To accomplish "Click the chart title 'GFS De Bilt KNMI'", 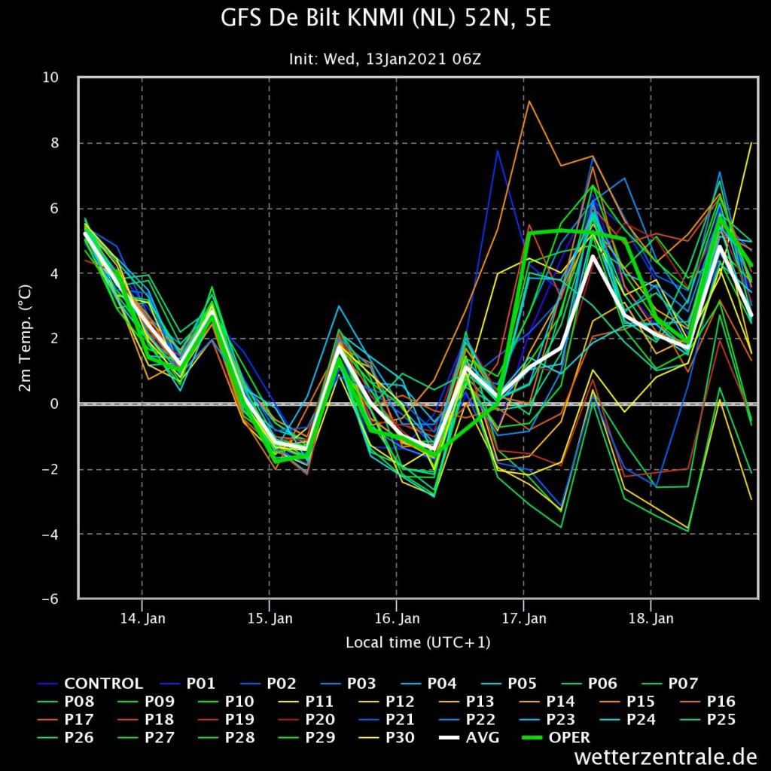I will click(385, 18).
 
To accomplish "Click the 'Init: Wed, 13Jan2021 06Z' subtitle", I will click(385, 59).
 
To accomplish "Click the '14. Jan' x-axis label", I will click(142, 619).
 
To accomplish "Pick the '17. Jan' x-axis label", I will click(524, 619).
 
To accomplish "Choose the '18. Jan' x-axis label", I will click(651, 619).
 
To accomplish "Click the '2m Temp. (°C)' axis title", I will click(25, 339).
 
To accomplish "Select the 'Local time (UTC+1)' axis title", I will click(418, 642).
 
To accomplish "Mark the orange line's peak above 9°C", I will click(529, 101).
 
